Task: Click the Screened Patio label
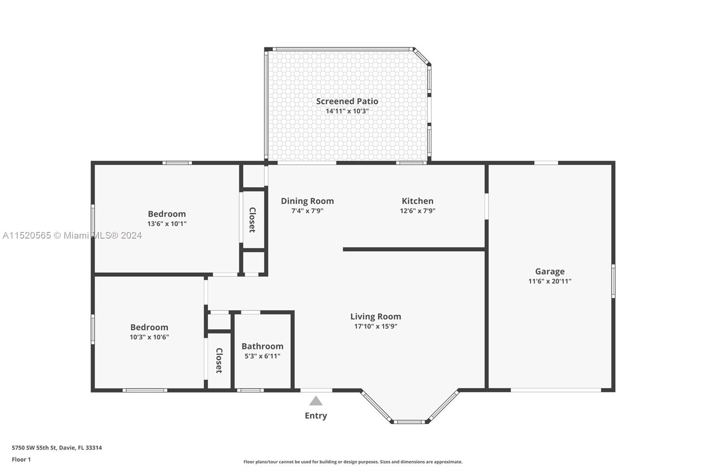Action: click(347, 101)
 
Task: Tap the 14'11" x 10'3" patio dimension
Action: click(347, 111)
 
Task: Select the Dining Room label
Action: click(307, 201)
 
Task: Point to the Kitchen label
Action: click(417, 201)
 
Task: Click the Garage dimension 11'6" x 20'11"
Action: click(550, 281)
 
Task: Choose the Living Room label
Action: click(376, 316)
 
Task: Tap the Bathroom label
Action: click(263, 346)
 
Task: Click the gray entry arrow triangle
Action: click(316, 401)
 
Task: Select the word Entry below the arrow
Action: click(316, 416)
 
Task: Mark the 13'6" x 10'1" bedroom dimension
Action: click(167, 224)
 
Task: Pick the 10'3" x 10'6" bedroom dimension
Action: click(150, 337)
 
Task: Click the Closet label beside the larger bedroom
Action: click(252, 220)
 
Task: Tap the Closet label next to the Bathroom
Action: click(219, 361)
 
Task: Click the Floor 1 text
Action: click(22, 460)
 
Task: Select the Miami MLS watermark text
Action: click(72, 235)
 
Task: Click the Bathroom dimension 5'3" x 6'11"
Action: click(263, 356)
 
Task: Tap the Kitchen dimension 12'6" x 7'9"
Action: click(417, 211)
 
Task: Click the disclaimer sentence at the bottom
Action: click(353, 462)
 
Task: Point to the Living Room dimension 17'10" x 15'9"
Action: click(376, 327)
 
